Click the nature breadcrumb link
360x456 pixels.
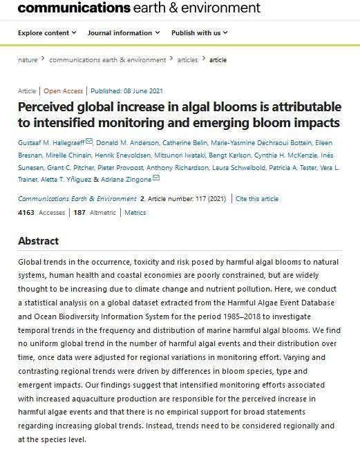point(28,60)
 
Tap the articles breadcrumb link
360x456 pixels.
point(187,60)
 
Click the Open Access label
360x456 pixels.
point(63,91)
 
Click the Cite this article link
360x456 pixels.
point(257,199)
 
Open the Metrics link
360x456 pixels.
point(135,213)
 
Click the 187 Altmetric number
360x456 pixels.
point(79,213)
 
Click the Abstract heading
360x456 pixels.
point(38,241)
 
